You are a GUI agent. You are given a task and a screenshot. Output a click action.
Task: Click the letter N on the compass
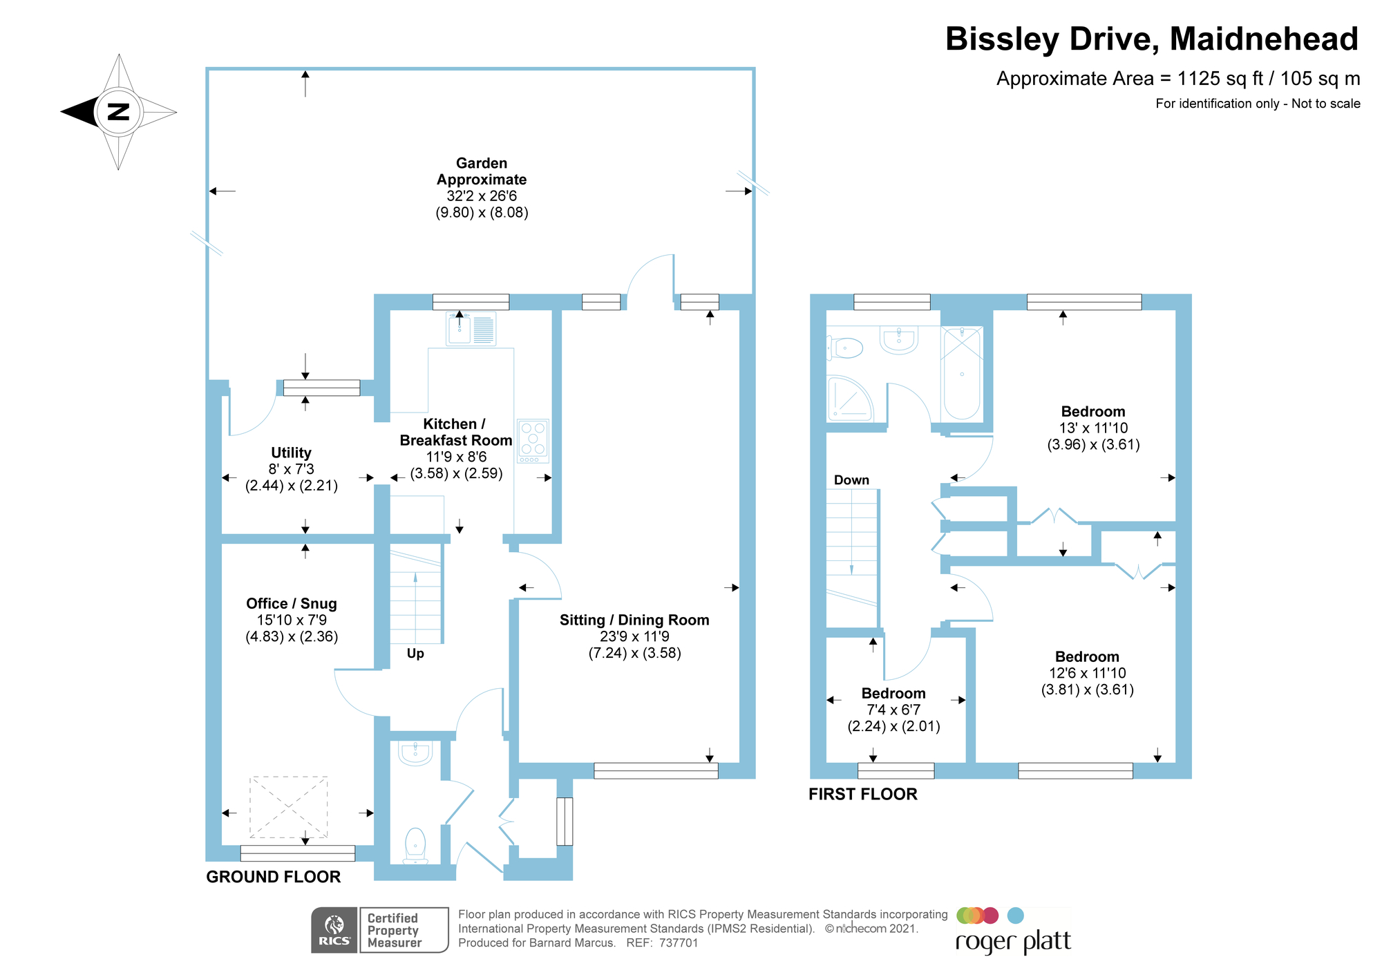[119, 111]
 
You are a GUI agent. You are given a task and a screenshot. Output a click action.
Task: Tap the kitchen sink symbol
[471, 328]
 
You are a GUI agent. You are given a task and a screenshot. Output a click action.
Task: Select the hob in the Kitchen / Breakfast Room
[533, 441]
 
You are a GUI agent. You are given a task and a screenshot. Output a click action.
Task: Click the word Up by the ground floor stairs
[415, 654]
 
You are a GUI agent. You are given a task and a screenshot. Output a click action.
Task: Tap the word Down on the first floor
[851, 480]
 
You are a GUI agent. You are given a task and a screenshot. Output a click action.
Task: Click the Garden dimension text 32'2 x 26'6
[482, 196]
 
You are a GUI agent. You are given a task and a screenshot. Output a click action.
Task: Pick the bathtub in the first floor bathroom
[962, 374]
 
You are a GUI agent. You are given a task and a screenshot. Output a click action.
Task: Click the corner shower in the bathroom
[850, 399]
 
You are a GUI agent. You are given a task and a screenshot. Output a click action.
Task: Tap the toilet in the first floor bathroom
[845, 348]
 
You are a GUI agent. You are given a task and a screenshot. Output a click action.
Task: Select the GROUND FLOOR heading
[274, 877]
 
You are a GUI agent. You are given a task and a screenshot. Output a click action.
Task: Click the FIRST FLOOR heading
[863, 795]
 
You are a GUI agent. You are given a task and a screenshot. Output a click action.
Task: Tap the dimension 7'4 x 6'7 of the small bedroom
[893, 710]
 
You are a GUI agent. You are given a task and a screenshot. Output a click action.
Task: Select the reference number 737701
[679, 943]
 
